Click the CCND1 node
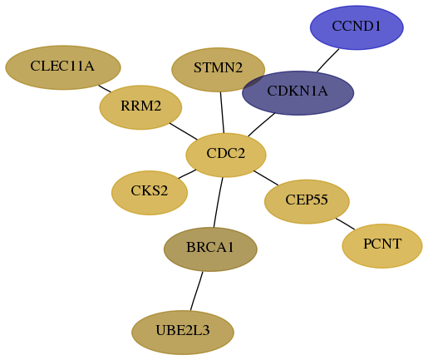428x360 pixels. coord(357,27)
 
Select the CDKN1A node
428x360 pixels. coord(298,93)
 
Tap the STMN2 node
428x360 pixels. coord(219,70)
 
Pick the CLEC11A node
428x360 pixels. coord(63,67)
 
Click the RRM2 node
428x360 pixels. coord(140,107)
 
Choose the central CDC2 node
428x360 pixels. coord(226,155)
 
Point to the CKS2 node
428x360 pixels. coord(150,193)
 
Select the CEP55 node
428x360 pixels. coord(307,201)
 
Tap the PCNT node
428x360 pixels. coord(382,246)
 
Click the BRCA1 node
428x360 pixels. coord(210,249)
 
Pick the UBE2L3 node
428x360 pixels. coord(183,333)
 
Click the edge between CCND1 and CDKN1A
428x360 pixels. coord(328,61)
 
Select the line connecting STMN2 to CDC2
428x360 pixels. coord(222,112)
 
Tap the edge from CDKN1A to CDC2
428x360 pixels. coord(261,125)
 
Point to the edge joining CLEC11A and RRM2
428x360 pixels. coord(105,89)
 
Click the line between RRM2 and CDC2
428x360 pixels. coord(184,131)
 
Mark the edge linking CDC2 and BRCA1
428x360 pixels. coord(218,202)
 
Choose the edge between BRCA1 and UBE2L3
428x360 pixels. coord(196,291)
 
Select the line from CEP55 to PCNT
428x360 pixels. coord(345,224)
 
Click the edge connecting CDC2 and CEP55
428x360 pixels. coord(266,178)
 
